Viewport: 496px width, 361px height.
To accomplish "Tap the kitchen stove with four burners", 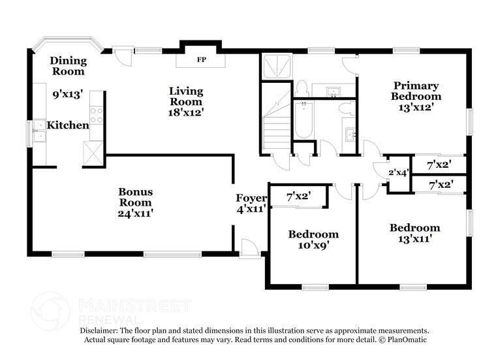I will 96,116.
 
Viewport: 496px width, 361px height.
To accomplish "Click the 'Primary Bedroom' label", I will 415,91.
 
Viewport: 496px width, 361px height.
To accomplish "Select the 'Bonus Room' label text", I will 136,196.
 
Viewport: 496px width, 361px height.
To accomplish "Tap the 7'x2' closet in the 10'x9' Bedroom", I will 298,196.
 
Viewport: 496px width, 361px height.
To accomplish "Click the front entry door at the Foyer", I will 249,249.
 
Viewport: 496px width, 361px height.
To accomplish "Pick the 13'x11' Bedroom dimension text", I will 414,239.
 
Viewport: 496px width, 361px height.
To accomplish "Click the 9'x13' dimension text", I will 68,94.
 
